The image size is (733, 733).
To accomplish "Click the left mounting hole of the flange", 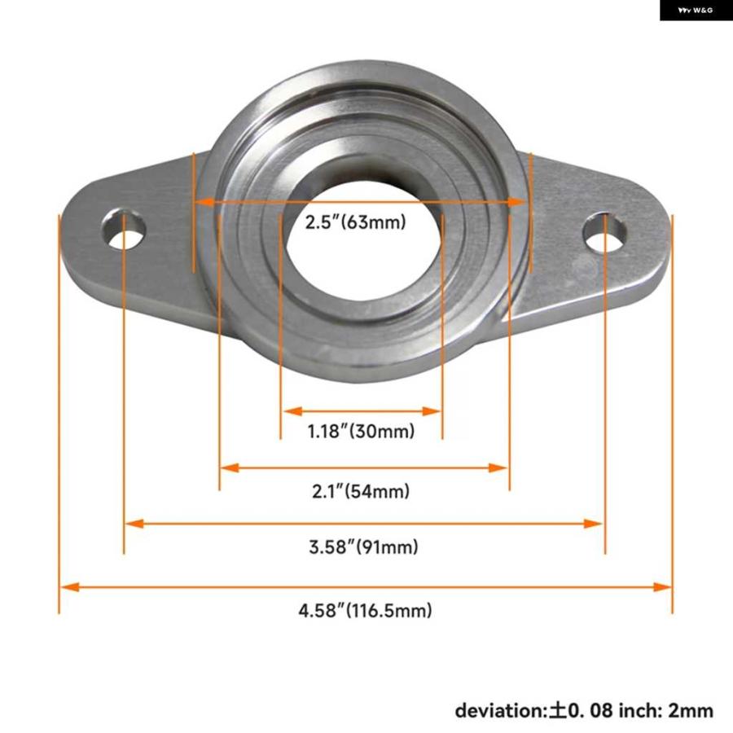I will [x=125, y=229].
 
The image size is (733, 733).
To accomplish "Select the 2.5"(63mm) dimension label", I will [x=356, y=222].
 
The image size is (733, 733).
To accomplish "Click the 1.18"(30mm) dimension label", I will [x=361, y=431].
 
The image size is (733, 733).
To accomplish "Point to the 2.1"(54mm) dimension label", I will [x=361, y=491].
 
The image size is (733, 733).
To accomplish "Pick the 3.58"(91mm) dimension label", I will [x=363, y=547].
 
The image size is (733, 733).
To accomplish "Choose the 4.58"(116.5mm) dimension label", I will [x=364, y=610].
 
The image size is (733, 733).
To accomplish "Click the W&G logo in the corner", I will [x=696, y=11].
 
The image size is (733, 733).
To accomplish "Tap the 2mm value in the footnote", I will [x=692, y=710].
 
